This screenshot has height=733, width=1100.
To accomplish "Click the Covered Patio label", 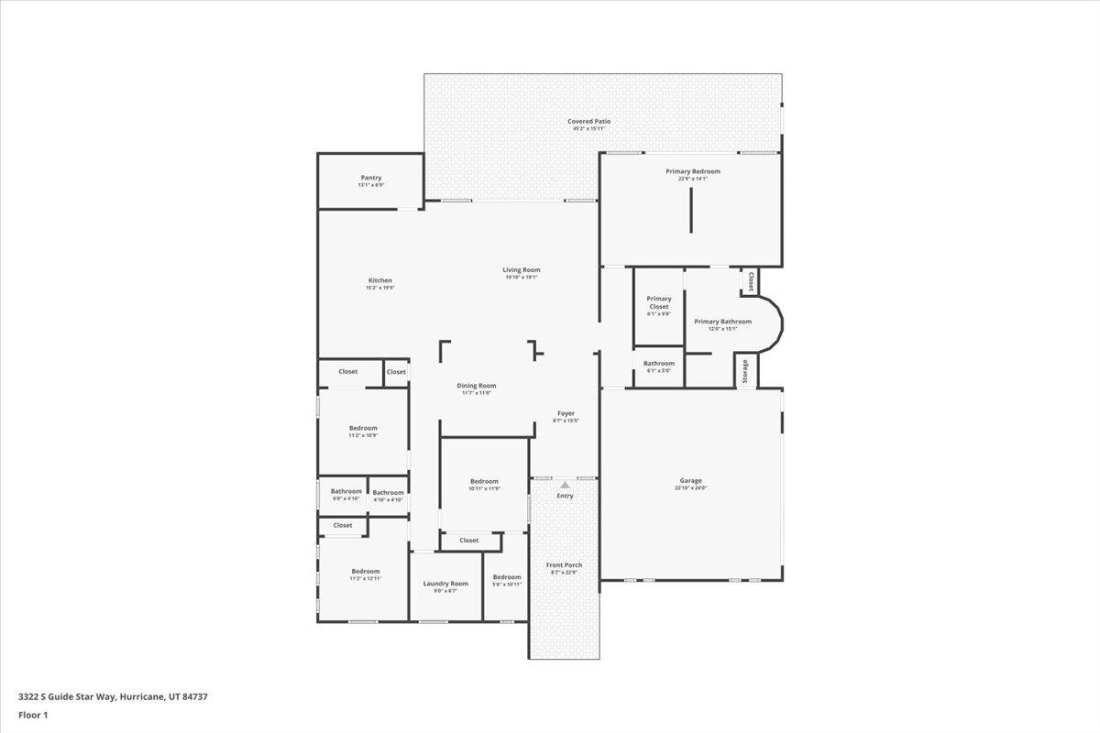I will click(x=588, y=121).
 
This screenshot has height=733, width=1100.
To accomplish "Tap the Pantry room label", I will click(x=370, y=178).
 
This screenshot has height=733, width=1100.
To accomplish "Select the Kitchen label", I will click(x=379, y=280).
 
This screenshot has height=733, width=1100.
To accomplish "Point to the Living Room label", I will click(x=521, y=270).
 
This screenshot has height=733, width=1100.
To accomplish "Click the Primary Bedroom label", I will click(x=692, y=171).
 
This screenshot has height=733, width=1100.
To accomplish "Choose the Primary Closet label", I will click(x=658, y=302).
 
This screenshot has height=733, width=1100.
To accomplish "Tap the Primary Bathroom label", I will click(x=722, y=322).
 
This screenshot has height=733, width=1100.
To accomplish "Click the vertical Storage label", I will click(x=745, y=372).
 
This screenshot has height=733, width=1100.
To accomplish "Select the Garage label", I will click(x=690, y=481).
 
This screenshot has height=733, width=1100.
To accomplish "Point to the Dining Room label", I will click(x=476, y=386).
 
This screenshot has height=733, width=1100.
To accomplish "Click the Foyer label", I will click(x=566, y=413).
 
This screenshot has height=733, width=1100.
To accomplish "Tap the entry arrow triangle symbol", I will click(x=565, y=485).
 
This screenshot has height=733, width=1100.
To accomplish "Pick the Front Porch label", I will click(x=564, y=565).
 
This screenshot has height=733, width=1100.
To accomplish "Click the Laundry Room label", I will click(x=445, y=584).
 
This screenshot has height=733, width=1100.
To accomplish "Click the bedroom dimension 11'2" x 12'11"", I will click(x=365, y=578).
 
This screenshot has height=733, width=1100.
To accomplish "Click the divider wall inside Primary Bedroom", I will click(x=691, y=213).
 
